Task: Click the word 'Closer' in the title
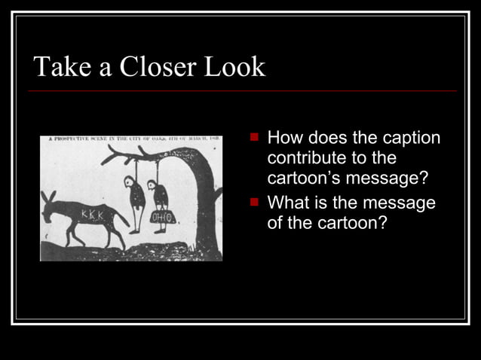coord(150,67)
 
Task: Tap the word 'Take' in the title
coord(58,67)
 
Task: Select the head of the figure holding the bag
coord(154,184)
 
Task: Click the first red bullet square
coord(256,138)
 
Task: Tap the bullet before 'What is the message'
coord(256,202)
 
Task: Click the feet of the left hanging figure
coord(134,230)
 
